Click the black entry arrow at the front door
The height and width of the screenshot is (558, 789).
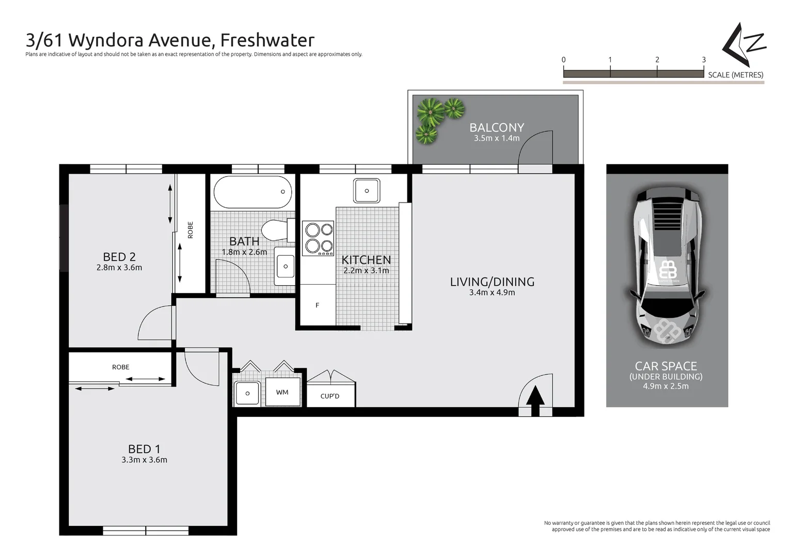[x=535, y=398]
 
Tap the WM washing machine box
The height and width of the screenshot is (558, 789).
[x=282, y=392]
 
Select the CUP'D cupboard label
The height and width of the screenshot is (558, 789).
[x=330, y=396]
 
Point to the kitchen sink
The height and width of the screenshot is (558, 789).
[x=367, y=191]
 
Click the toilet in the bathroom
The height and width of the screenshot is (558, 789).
[x=275, y=230]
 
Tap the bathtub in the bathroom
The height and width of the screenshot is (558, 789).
[x=253, y=192]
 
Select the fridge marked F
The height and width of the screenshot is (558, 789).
[x=317, y=305]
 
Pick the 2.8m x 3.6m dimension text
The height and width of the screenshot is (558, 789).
[x=119, y=268]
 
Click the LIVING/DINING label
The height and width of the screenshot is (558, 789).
[x=492, y=282]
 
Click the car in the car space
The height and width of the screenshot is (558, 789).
[x=667, y=266]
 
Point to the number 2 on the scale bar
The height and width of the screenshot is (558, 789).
[x=657, y=60]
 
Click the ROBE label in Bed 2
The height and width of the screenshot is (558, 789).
[x=190, y=229]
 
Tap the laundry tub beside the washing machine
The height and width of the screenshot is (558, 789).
[x=247, y=393]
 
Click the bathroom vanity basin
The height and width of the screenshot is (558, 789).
[x=285, y=267]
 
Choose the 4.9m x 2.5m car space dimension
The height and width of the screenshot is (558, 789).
[x=666, y=386]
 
